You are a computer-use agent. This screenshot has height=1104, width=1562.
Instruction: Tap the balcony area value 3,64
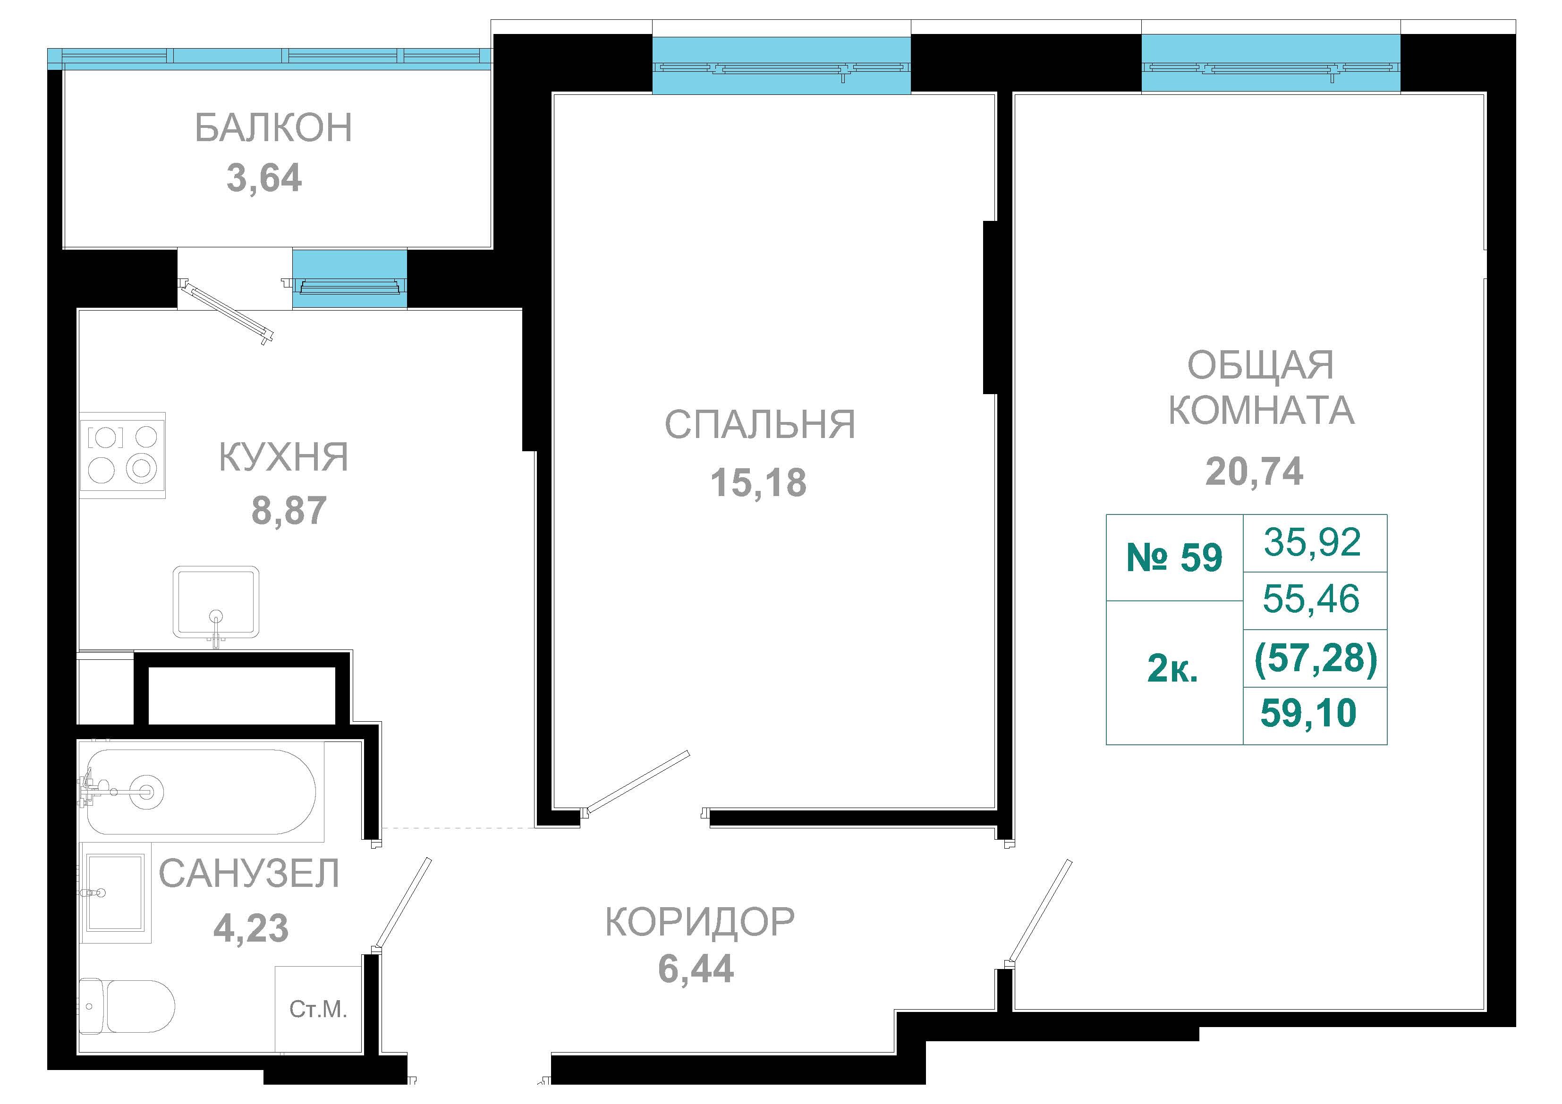point(264,178)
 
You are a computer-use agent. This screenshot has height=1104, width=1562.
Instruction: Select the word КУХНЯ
point(283,456)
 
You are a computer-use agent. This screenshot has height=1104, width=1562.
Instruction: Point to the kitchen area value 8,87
point(289,510)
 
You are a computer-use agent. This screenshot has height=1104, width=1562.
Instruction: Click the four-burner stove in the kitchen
point(122,455)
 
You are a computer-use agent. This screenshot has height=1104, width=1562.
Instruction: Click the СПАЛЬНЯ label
point(760,424)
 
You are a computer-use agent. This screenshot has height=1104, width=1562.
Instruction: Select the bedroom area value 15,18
point(758,482)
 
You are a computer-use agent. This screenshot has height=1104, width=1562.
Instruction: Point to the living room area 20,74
point(1254,472)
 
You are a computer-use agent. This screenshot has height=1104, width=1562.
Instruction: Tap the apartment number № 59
point(1175,558)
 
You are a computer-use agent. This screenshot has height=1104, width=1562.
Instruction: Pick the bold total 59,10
point(1308,713)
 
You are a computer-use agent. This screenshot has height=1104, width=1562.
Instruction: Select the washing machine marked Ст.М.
point(318,1009)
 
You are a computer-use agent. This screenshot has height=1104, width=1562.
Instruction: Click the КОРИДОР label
point(699,922)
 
